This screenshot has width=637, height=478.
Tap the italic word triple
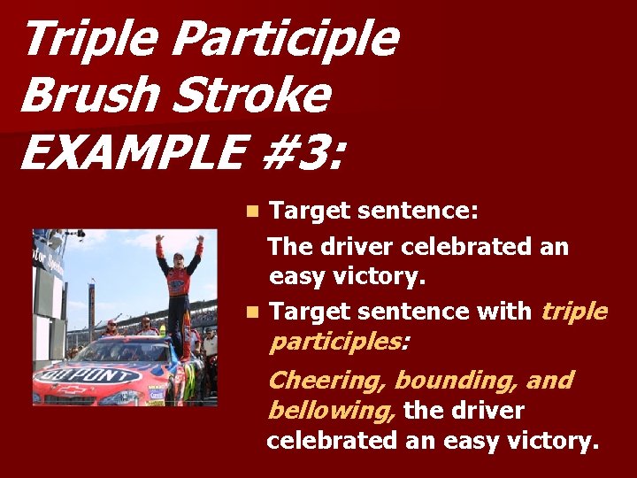573,312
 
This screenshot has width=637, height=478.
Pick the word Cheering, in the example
326,381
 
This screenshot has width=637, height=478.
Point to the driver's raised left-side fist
159,238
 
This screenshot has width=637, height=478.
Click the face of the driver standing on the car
180,258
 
